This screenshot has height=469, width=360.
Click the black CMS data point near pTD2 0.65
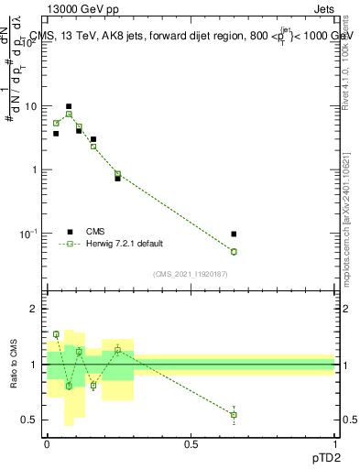[x=234, y=234]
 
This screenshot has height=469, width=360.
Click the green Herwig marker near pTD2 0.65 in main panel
[x=234, y=252]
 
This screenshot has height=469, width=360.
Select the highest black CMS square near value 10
[x=68, y=106]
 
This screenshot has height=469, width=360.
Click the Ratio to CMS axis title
[x=13, y=365]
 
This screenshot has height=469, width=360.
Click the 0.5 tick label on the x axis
[x=191, y=443]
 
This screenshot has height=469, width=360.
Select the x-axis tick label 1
[x=335, y=443]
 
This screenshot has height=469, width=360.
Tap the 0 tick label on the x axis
[x=47, y=443]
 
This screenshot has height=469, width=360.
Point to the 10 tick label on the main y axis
[x=32, y=106]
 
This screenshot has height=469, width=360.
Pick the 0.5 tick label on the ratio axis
[x=31, y=420]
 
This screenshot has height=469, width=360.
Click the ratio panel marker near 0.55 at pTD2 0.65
[x=234, y=415]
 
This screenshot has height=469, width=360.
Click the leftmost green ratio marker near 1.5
[x=56, y=334]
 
